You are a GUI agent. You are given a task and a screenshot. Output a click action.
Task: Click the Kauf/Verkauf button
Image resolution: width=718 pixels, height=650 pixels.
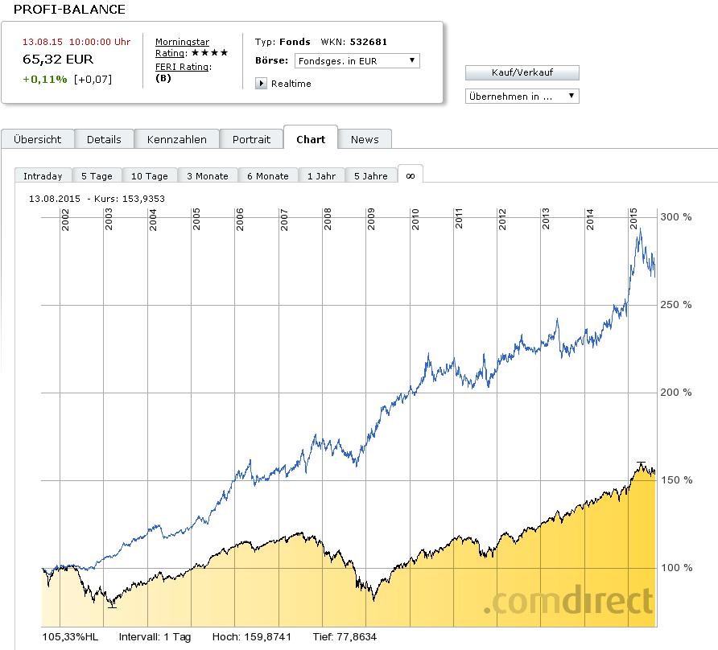522,72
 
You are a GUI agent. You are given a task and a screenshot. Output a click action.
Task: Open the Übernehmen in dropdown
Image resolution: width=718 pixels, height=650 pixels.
522,97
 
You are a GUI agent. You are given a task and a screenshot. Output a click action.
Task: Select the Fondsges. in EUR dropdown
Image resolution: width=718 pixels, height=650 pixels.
357,60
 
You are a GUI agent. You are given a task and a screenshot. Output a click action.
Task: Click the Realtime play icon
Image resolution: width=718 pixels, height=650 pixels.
261,84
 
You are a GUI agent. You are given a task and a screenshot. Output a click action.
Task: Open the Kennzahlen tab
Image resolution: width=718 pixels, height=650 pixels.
176,139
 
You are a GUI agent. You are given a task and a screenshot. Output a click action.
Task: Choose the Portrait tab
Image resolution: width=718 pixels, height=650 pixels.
251,139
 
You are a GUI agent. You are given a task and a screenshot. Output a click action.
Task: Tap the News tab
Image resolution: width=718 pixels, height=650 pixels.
364,139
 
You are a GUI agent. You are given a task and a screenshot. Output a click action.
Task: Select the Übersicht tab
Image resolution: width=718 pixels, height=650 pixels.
37,139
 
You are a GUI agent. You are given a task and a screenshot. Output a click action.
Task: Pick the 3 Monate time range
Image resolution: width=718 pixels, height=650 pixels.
207,176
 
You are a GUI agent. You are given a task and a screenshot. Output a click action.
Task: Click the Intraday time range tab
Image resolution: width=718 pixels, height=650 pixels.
43,176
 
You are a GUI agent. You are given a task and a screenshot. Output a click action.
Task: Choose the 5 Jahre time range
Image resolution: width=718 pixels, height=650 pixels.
370,176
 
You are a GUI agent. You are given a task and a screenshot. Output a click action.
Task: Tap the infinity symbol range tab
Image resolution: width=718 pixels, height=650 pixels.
410,175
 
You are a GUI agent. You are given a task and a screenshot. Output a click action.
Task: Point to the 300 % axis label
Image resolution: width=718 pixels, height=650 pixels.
676,217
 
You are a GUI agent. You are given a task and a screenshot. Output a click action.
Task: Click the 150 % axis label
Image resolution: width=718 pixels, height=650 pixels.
676,480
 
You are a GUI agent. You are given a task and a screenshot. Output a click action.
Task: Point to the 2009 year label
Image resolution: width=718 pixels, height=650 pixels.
370,220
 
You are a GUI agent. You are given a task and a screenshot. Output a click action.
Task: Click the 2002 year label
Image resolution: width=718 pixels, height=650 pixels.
65,220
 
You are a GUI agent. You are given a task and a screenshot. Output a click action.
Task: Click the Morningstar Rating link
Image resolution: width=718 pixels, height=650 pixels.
182,47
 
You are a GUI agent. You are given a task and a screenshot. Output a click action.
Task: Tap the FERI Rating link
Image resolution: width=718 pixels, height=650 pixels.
182,67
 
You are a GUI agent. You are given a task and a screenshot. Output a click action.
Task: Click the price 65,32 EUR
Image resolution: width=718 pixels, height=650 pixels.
58,60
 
